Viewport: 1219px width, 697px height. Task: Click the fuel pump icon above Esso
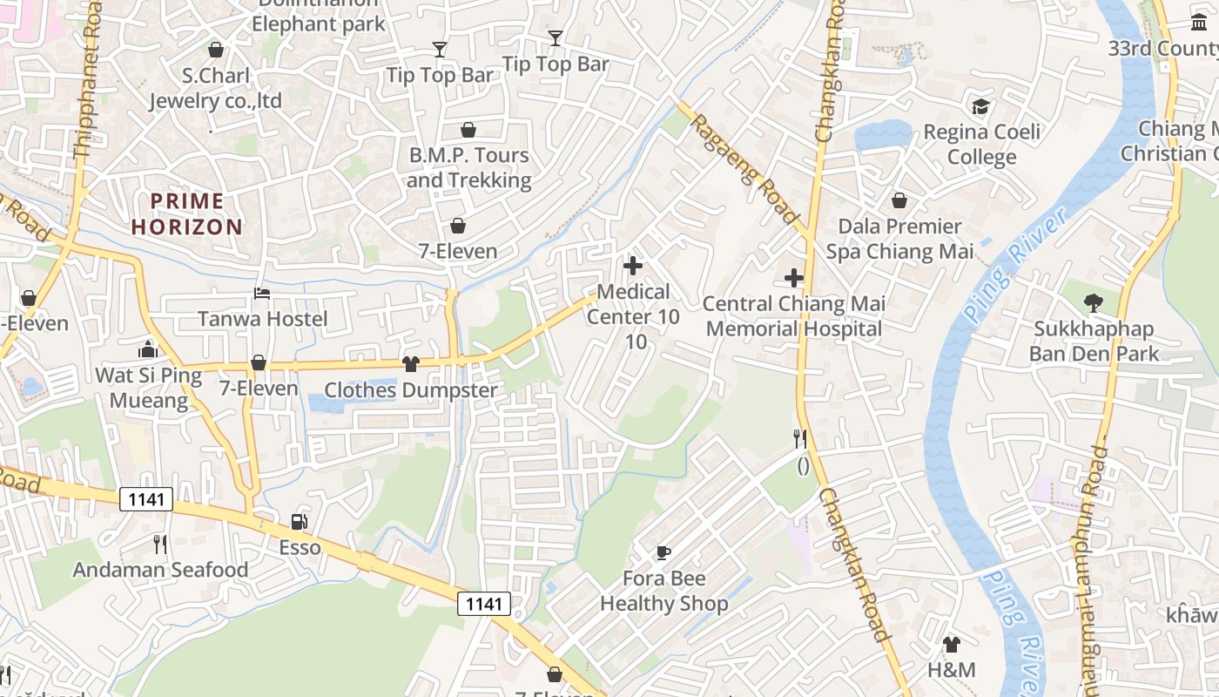299,522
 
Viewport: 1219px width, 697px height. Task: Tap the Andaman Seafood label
160,570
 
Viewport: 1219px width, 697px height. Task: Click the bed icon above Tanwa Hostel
262,294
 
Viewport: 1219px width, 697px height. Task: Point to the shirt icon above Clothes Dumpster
411,364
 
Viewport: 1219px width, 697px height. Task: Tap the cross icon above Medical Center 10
633,266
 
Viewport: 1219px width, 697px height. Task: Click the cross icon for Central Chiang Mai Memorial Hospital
793,278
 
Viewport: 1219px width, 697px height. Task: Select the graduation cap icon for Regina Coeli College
981,107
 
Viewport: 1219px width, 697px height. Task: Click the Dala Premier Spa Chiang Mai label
899,239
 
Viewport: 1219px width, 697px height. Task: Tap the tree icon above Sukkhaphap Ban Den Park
1094,303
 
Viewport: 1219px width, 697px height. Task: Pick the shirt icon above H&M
951,645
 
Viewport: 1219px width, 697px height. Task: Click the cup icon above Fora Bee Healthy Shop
663,552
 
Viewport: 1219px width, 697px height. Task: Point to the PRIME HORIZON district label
187,214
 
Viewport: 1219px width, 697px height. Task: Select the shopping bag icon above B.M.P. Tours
468,130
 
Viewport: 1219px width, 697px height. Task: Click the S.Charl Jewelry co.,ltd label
216,88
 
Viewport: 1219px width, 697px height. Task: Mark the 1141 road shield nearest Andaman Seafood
146,499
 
